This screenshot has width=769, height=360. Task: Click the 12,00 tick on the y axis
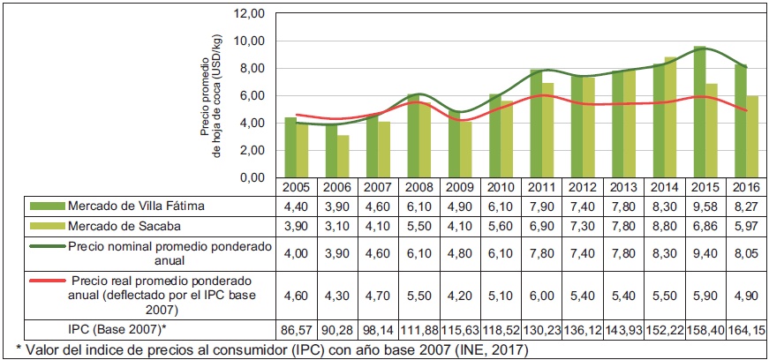point(251,14)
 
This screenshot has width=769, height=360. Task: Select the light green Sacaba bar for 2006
point(343,156)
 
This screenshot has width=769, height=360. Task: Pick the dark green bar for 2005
point(290,146)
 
